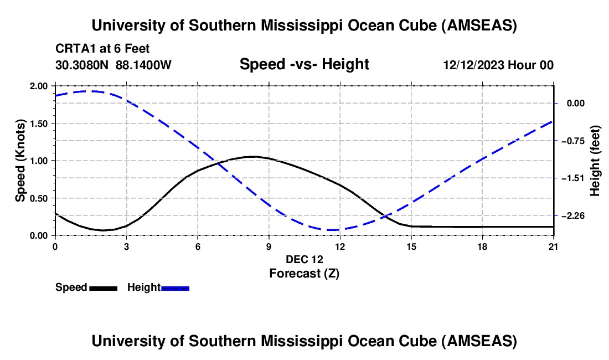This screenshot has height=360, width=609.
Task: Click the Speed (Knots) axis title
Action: coord(20,161)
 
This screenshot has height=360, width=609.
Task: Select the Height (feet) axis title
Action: coord(596,161)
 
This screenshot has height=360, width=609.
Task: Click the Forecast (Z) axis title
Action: coord(304,273)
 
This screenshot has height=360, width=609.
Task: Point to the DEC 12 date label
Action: coord(304,259)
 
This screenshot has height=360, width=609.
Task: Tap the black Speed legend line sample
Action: coord(103,288)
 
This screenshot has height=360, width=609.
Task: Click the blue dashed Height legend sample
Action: coord(176,288)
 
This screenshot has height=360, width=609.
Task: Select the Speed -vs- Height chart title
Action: coord(304,64)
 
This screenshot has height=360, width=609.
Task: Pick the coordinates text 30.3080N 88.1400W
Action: coord(113,65)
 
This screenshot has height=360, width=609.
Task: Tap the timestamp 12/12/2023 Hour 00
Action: coord(498,65)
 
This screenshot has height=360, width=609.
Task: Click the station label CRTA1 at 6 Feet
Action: coord(102,49)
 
